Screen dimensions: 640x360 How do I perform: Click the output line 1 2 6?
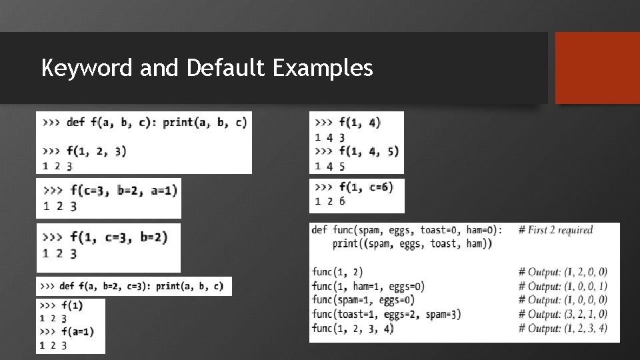331,201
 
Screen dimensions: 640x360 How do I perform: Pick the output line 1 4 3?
330,137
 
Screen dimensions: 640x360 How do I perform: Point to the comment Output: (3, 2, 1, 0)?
563,314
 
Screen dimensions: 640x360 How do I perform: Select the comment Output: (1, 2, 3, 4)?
563,328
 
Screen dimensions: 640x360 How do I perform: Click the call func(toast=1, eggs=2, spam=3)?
386,314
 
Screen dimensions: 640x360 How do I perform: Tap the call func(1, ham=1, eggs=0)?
368,286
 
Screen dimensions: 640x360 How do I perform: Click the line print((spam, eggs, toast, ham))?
412,244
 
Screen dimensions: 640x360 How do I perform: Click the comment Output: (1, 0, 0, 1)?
563,286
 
